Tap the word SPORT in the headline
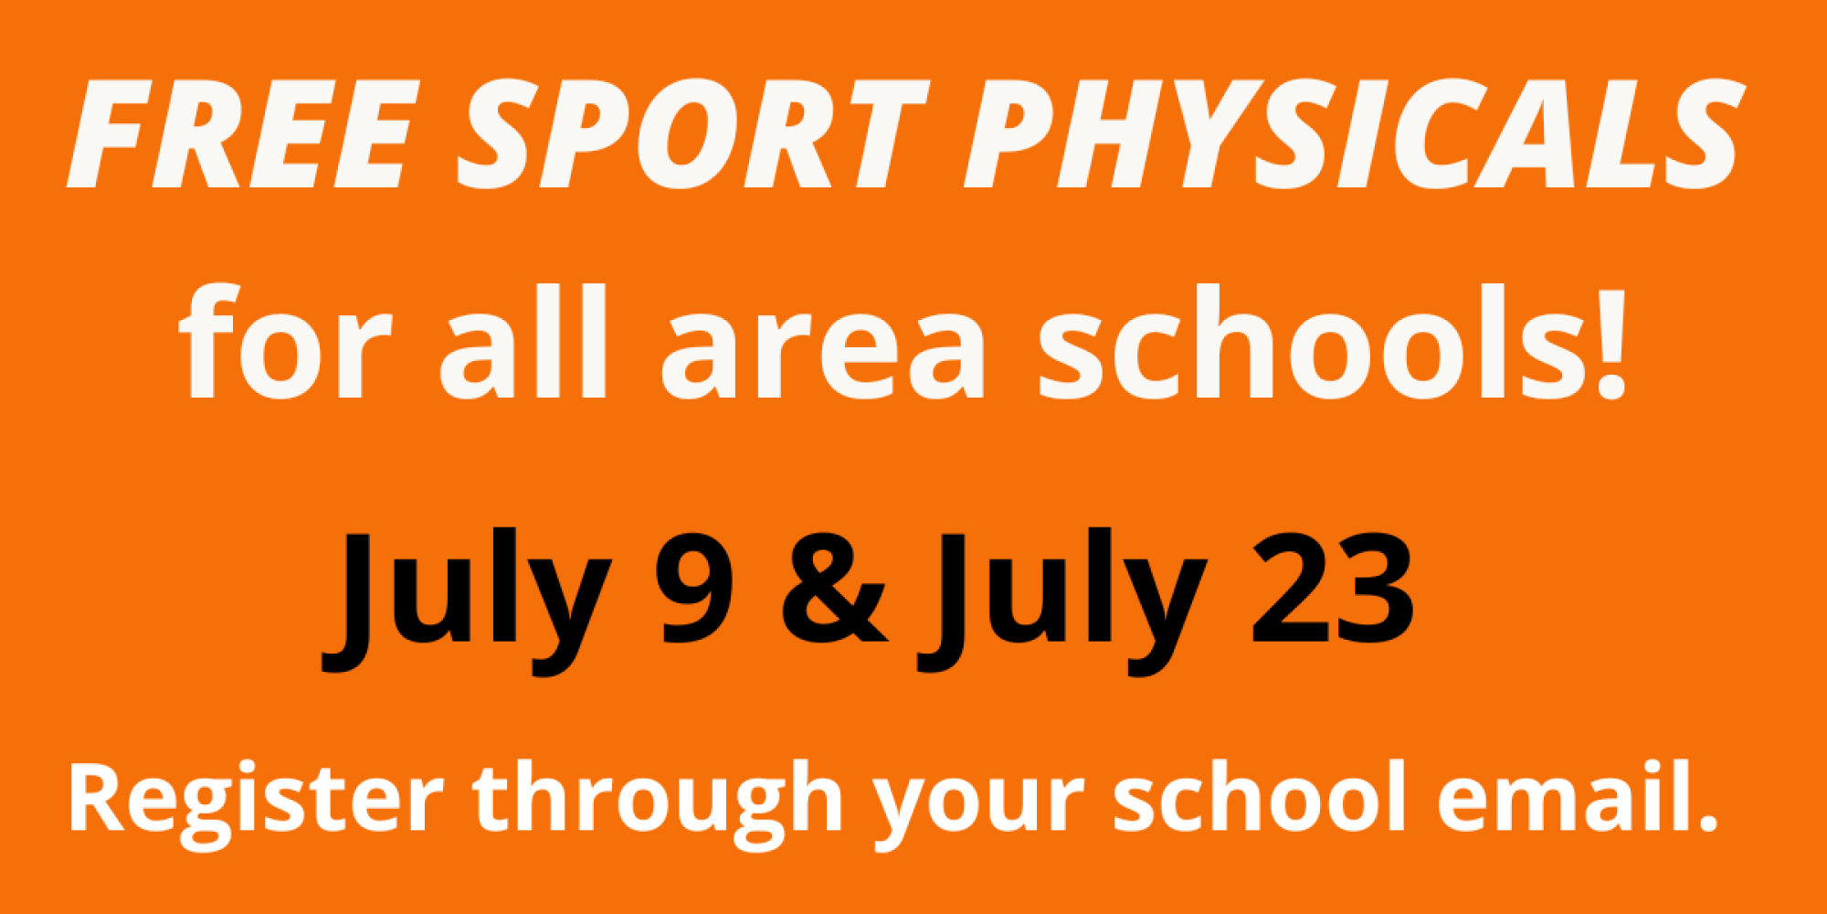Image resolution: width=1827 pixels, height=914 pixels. [x=692, y=134]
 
